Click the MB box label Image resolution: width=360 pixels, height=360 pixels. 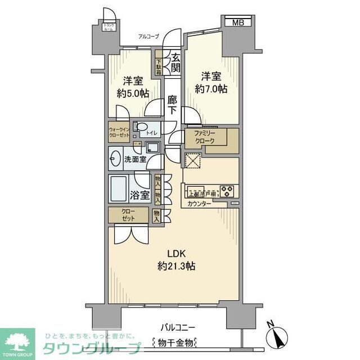pyautogui.click(x=238, y=22)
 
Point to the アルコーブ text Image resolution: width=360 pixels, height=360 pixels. pyautogui.click(x=149, y=37)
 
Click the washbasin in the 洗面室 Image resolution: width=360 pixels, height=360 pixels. pyautogui.click(x=116, y=159)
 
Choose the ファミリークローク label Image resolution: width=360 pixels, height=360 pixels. pyautogui.click(x=204, y=138)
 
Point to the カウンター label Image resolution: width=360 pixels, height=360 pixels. pyautogui.click(x=199, y=204)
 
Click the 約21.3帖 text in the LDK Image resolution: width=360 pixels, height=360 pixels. pyautogui.click(x=176, y=265)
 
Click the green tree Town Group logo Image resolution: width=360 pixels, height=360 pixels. pyautogui.click(x=17, y=341)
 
